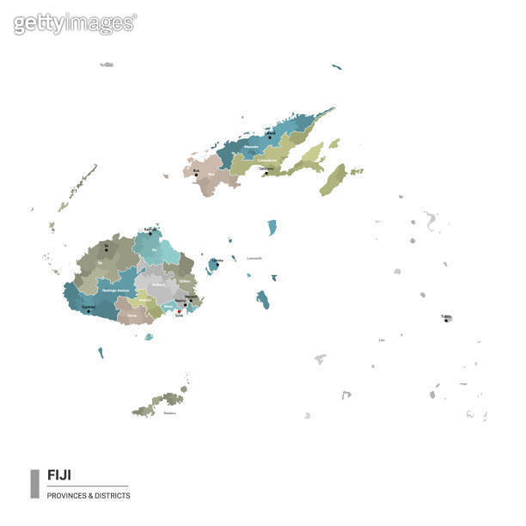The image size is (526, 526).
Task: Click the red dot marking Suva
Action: pos(179,311)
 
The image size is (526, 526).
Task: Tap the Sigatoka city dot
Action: pos(89,311)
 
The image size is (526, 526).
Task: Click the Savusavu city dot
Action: pos(266,173)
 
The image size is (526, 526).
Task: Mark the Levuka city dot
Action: pos(217,264)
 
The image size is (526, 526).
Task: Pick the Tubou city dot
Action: pos(446,320)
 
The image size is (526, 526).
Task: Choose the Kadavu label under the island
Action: pos(170,413)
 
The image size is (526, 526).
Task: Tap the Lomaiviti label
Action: pos(254,258)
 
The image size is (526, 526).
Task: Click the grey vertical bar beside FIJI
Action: pos(34,484)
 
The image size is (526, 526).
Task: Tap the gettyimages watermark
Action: pos(75,23)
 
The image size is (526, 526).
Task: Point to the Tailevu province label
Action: pos(185,281)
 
